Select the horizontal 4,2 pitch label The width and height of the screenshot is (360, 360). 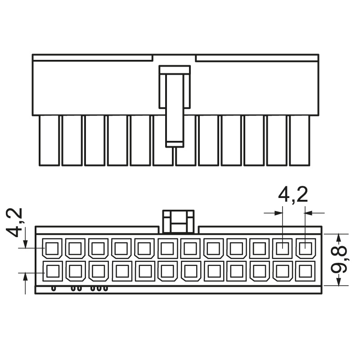(293, 195)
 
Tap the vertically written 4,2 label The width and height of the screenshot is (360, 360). (14, 222)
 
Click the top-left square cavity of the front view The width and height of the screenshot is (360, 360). (52, 248)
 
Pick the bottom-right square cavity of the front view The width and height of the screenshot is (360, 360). (306, 271)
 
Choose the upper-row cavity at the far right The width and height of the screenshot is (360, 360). (306, 248)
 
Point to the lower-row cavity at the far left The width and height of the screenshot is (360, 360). (53, 271)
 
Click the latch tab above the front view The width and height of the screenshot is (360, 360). (178, 221)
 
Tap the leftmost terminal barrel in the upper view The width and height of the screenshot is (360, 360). (49, 140)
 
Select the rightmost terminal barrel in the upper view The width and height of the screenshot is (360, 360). (299, 140)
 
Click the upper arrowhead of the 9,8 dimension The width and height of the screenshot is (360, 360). (338, 238)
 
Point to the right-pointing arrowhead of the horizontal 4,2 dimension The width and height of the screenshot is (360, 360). (278, 213)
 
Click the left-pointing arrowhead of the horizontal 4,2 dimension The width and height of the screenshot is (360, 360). (309, 213)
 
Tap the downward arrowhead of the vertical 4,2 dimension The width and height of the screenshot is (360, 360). (25, 243)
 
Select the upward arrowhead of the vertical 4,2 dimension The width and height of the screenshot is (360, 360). (25, 277)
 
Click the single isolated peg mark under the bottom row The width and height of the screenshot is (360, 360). (54, 288)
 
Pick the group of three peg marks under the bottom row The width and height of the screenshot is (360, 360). (99, 288)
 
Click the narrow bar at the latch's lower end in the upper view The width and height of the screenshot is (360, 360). (175, 144)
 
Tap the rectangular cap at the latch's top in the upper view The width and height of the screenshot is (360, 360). (175, 70)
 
